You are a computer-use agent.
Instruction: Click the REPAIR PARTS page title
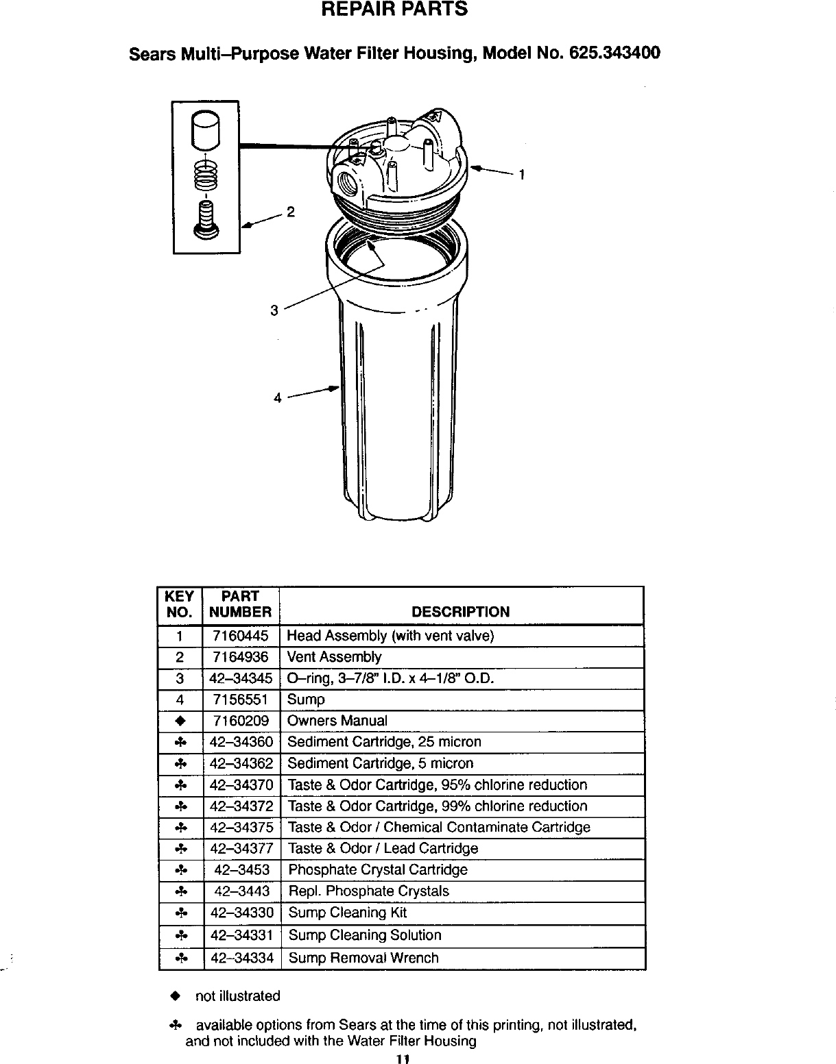395,10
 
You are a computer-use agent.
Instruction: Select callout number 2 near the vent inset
290,212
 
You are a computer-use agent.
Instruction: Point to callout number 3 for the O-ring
274,310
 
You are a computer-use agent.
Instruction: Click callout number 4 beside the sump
277,397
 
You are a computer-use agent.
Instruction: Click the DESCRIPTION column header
460,612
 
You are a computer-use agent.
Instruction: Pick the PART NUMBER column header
240,604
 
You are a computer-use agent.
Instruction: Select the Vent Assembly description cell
334,657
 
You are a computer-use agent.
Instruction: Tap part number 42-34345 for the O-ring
241,678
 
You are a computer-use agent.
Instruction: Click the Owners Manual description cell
337,721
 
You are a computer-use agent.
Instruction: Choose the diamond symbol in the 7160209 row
180,721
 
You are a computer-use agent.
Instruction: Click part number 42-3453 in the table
241,870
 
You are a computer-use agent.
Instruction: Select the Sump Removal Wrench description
363,958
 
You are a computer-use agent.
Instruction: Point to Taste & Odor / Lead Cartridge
383,848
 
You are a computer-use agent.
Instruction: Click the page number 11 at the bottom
403,1059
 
